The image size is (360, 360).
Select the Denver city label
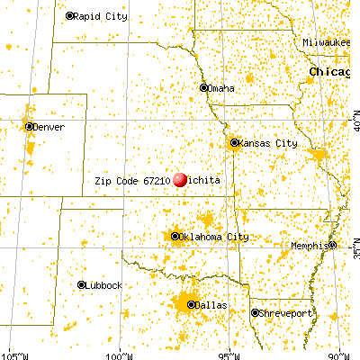click(x=49, y=127)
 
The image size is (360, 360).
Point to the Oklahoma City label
click(x=213, y=237)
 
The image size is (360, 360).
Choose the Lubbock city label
click(x=105, y=284)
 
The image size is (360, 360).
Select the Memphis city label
click(x=309, y=246)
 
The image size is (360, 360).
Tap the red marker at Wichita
click(x=181, y=179)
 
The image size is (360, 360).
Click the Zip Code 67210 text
click(x=132, y=180)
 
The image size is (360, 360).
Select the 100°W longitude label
click(x=121, y=354)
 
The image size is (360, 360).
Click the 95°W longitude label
click(x=230, y=354)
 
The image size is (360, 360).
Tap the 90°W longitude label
click(x=340, y=354)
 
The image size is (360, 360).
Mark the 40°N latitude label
click(x=354, y=118)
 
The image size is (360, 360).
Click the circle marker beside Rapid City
click(x=71, y=16)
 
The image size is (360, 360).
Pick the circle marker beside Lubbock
click(x=81, y=284)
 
